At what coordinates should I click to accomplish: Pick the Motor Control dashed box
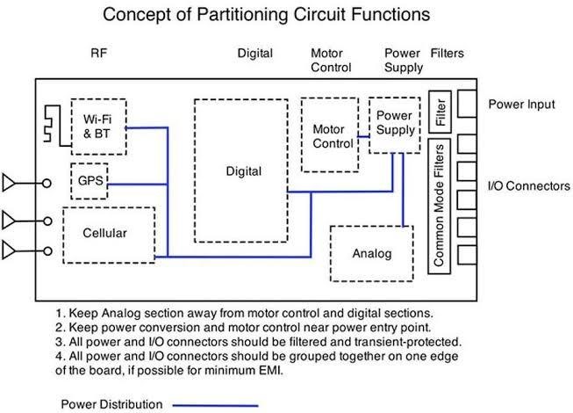click(327, 135)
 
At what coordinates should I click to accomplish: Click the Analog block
click(370, 254)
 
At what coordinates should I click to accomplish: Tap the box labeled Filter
click(440, 113)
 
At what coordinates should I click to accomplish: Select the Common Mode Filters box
click(440, 206)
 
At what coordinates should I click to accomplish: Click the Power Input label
click(521, 105)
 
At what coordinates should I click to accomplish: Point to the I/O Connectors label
click(529, 185)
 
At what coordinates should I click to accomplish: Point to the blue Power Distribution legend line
click(216, 404)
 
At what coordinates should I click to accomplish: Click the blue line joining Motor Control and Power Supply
click(362, 136)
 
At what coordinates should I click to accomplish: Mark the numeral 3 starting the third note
click(55, 340)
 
